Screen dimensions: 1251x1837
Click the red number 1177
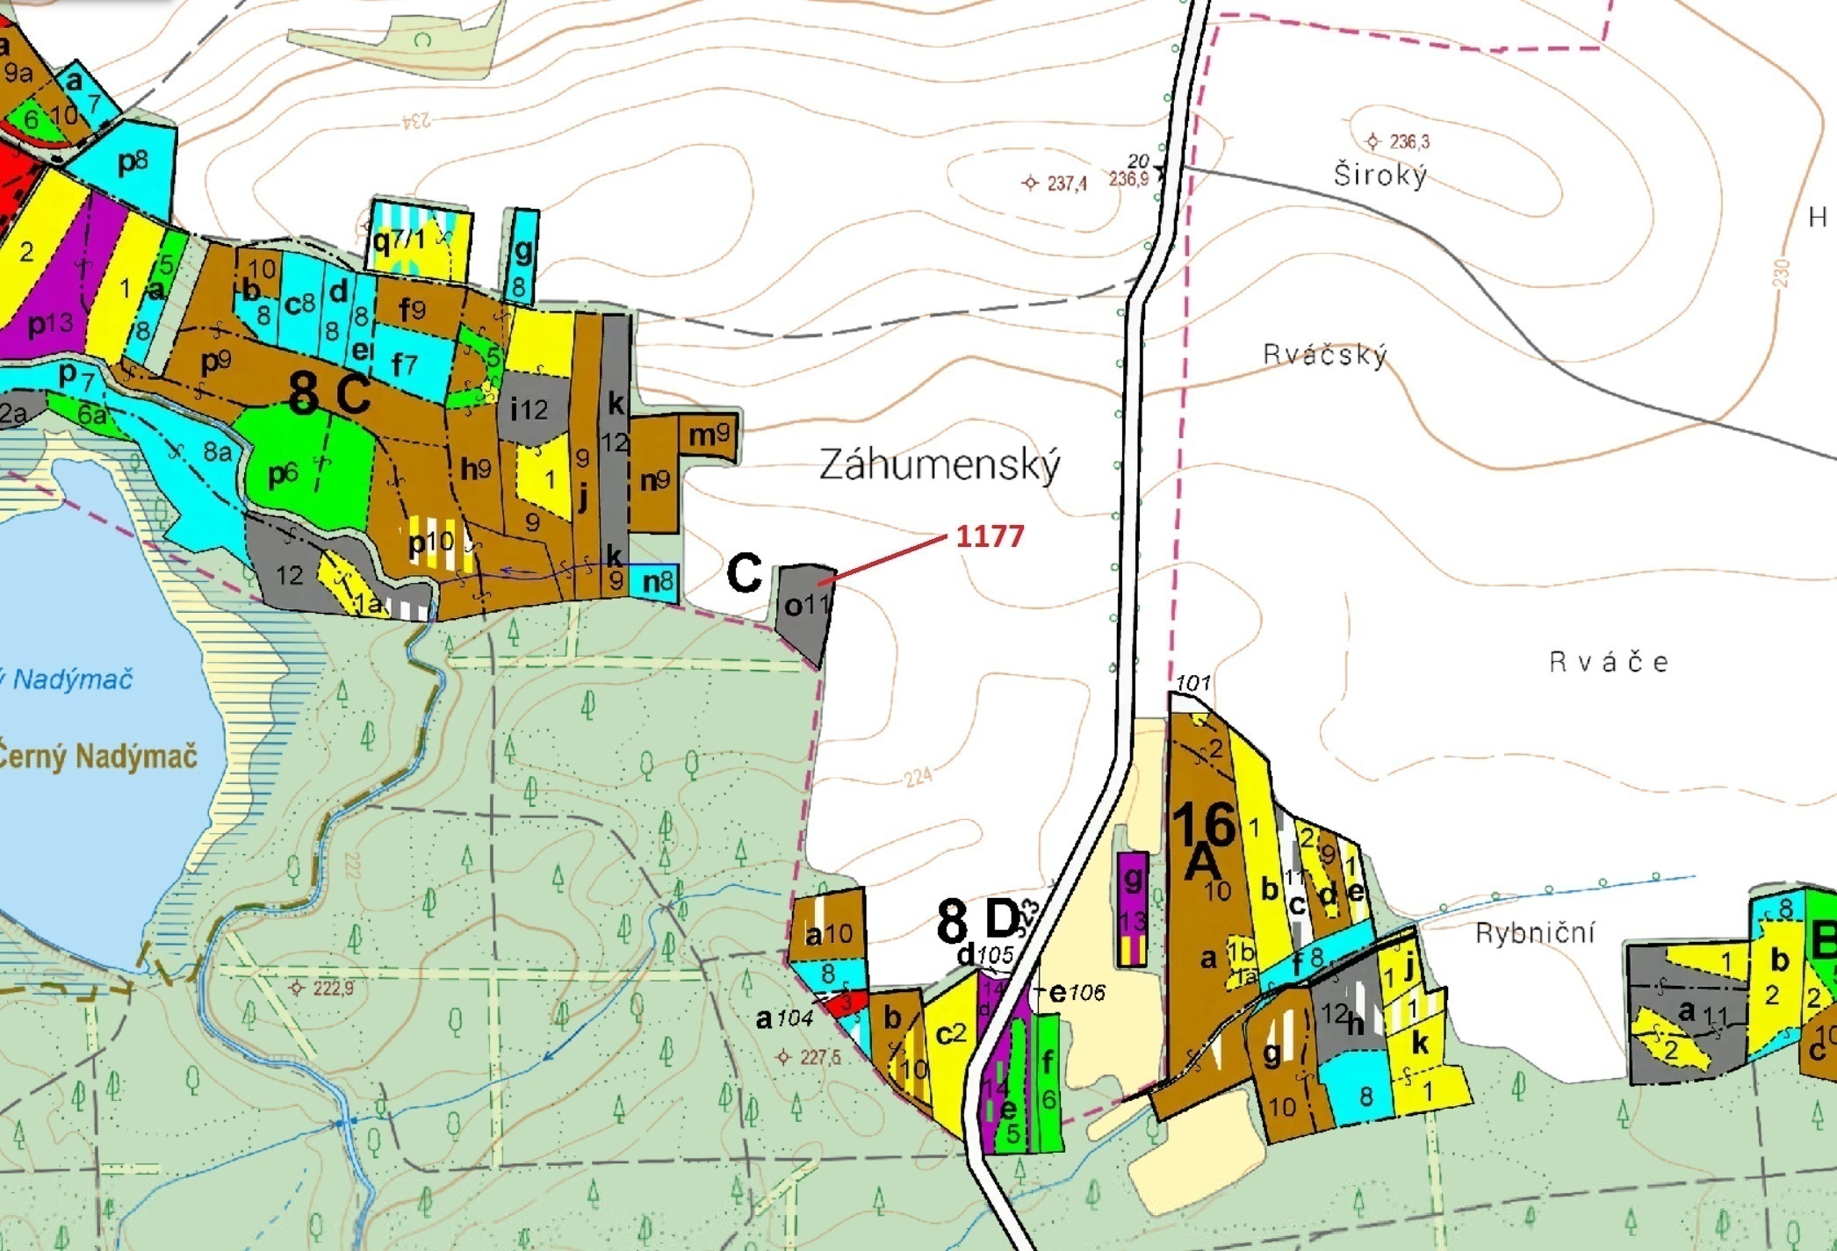click(x=990, y=536)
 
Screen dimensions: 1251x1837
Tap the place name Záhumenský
click(x=940, y=465)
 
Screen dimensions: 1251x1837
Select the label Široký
click(x=1380, y=175)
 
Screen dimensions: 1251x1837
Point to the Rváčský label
click(x=1324, y=355)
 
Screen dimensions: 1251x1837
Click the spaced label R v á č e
click(x=1608, y=662)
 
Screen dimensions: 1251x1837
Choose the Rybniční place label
click(x=1534, y=932)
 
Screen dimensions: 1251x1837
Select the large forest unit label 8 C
click(x=329, y=394)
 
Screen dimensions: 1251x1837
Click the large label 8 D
click(x=977, y=920)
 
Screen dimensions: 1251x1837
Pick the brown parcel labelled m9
click(x=708, y=435)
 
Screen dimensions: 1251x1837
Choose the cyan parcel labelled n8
click(x=657, y=581)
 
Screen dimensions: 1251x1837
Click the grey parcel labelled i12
click(x=530, y=408)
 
